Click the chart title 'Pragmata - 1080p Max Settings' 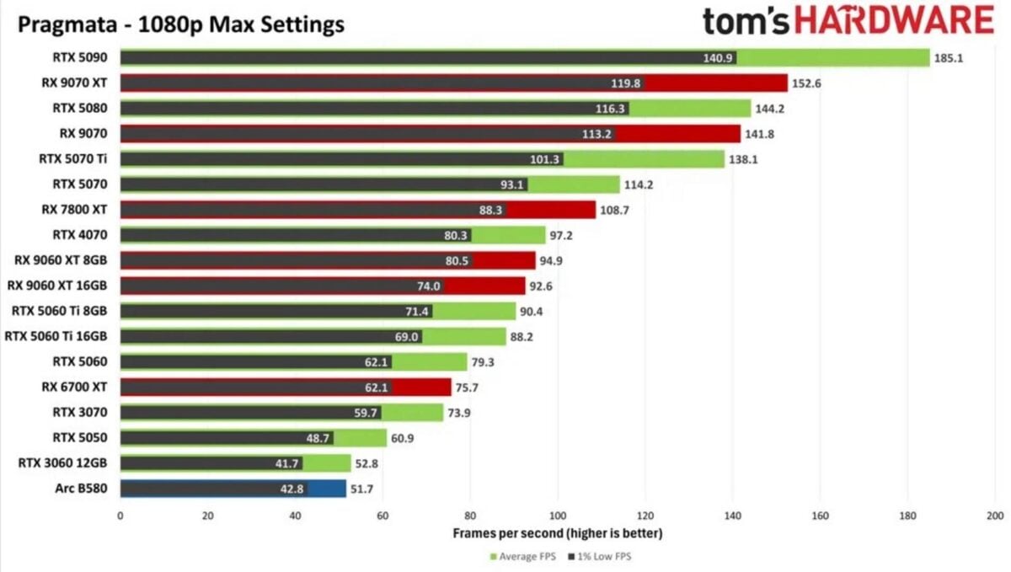(x=181, y=24)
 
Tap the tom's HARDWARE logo (x=848, y=21)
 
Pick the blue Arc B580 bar (x=327, y=489)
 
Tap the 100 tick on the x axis (x=557, y=516)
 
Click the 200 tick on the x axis (x=994, y=516)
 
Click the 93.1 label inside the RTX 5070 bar (x=513, y=184)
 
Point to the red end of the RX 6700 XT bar (x=421, y=387)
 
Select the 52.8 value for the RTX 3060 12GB (x=367, y=463)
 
